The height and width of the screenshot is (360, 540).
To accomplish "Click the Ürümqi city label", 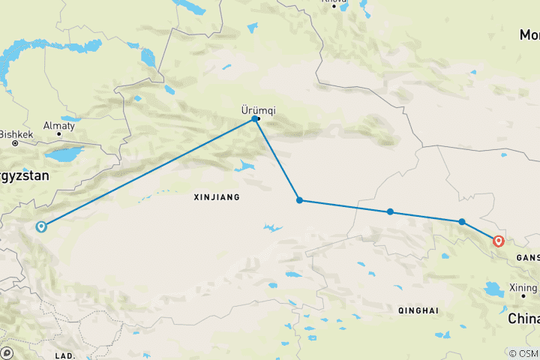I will (258, 109).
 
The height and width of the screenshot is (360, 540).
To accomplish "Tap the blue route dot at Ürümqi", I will (256, 118).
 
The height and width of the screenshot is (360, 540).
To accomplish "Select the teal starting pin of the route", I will (41, 226).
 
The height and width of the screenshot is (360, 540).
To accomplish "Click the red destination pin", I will (497, 241).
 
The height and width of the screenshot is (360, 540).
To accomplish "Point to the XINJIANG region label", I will (216, 197).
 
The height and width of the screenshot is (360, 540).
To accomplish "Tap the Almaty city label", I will (59, 126).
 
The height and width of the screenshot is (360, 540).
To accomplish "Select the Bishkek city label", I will (17, 135).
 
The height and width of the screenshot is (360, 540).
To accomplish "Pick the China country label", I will (523, 319).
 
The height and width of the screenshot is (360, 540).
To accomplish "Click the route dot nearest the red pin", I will (462, 221).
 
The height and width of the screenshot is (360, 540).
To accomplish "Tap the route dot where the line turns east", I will (299, 200).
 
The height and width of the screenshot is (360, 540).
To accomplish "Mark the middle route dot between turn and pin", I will (390, 211).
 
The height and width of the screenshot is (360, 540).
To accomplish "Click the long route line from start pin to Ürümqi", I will (150, 172).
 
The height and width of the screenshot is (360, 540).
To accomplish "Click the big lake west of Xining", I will (496, 289).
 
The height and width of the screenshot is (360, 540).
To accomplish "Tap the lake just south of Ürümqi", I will (245, 166).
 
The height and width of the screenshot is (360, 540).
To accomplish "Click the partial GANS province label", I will (526, 257).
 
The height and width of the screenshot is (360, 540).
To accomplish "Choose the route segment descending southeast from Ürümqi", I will (277, 159).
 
